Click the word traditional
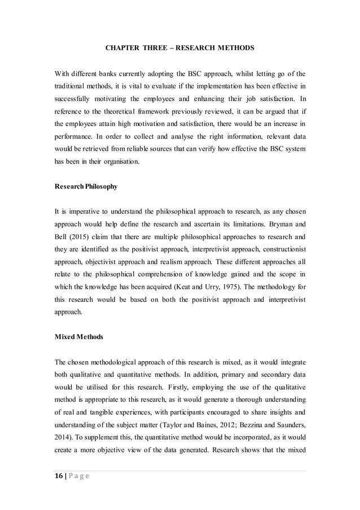[x=73, y=89]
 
